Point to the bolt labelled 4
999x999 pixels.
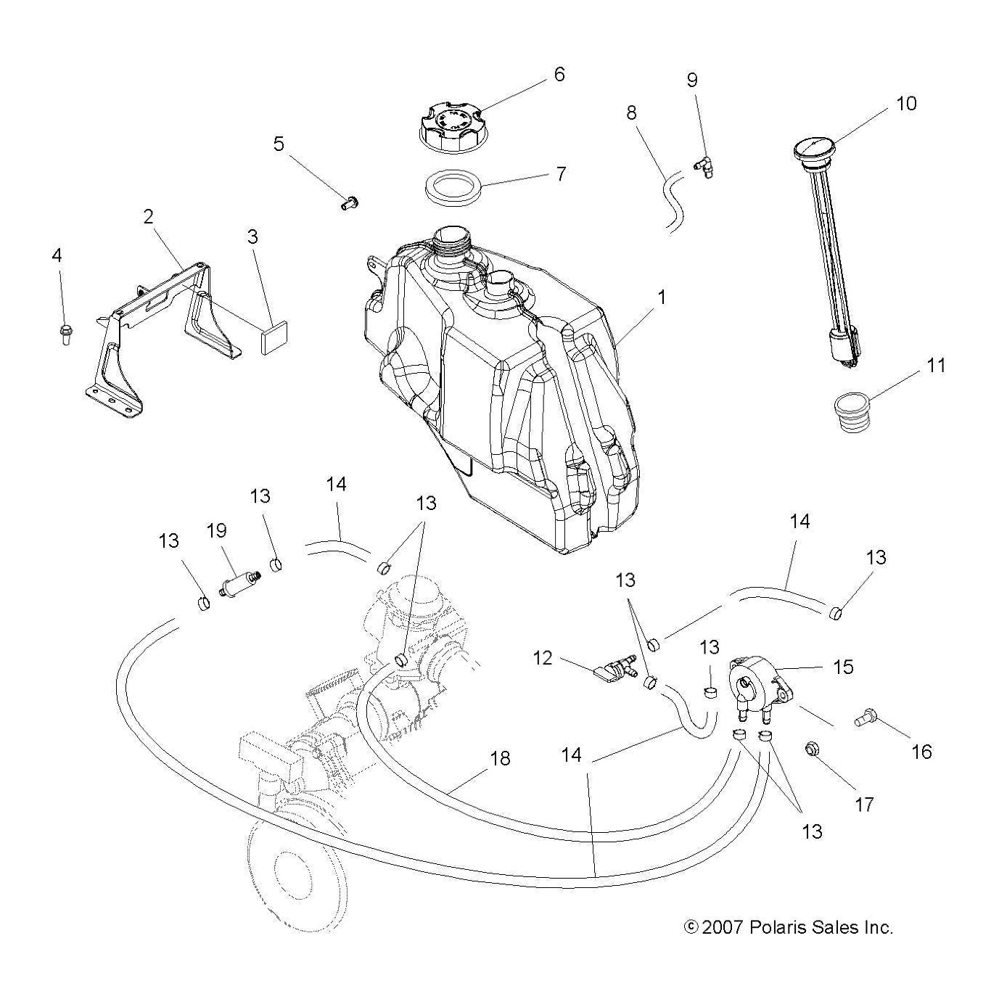click(65, 334)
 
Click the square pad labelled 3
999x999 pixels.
click(275, 339)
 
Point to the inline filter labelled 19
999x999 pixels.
click(238, 582)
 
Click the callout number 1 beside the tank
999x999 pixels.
click(662, 297)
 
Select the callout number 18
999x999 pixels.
click(501, 758)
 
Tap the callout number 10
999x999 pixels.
click(906, 104)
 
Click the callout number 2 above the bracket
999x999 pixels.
click(149, 216)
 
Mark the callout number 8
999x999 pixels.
click(631, 112)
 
